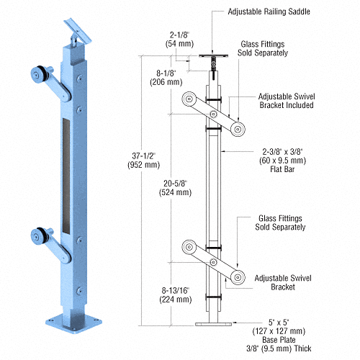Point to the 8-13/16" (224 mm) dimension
pos(176,294)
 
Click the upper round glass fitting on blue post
pos(38,75)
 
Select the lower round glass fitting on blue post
pos(38,234)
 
